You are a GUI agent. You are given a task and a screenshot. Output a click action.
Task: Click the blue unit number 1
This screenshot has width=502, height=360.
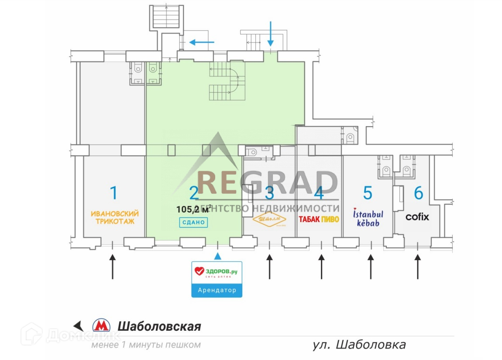113,192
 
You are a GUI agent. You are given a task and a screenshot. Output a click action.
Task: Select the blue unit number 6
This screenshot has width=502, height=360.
418,192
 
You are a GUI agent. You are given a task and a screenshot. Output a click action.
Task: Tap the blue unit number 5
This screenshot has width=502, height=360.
368,192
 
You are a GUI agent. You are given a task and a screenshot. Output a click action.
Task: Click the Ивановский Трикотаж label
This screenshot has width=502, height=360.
115,217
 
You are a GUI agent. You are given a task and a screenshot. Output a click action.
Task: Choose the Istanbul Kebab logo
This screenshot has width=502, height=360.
368,217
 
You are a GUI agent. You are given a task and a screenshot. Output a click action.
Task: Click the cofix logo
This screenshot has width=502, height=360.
417,217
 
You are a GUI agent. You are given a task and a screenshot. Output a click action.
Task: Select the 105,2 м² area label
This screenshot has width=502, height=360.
194,209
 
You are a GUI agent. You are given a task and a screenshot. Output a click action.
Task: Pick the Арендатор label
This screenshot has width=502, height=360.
217,290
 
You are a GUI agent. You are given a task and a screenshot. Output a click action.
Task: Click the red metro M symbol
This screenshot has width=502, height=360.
101,326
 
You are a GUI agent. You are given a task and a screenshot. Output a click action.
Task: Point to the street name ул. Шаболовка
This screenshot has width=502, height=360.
359,345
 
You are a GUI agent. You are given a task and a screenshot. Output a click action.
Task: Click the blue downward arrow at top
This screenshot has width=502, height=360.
271,33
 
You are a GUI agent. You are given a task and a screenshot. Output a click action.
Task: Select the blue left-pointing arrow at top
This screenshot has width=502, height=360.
202,42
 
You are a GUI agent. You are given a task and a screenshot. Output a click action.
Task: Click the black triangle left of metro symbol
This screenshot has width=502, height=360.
79,326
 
